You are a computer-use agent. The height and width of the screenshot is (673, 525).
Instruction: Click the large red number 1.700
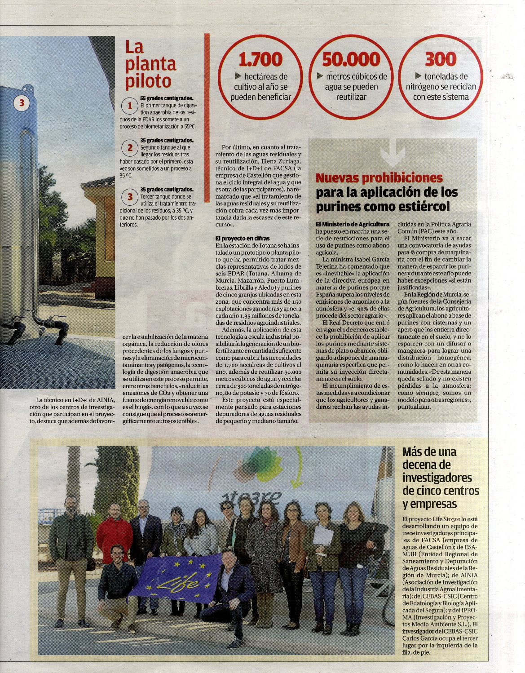(260, 59)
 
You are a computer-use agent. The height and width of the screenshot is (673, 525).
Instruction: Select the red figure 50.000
(351, 59)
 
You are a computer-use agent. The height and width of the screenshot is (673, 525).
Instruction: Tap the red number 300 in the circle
(440, 59)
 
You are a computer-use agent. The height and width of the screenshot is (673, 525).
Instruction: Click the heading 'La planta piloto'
(150, 64)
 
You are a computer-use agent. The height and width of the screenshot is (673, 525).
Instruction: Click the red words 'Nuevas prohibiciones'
(379, 178)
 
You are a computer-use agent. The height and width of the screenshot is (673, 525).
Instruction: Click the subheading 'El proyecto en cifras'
(243, 238)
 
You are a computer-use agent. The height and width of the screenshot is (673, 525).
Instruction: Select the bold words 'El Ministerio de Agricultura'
(353, 224)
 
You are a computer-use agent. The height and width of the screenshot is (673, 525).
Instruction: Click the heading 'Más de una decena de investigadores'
(441, 477)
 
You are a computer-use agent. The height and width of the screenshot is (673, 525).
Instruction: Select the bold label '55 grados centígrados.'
(167, 98)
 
